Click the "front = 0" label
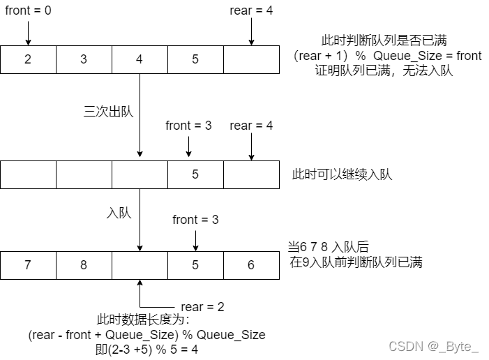(x=28, y=11)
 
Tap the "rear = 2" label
(x=202, y=307)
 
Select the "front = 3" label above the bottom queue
(x=195, y=220)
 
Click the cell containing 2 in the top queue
(x=28, y=59)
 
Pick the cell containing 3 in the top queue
(x=84, y=59)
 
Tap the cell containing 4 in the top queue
(x=140, y=59)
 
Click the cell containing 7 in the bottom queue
(x=28, y=265)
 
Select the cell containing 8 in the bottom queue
(x=84, y=265)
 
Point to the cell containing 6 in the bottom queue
(x=251, y=265)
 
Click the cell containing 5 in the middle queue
(x=195, y=174)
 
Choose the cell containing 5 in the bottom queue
(x=195, y=265)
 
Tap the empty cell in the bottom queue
(x=140, y=265)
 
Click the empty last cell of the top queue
(x=251, y=59)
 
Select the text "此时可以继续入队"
(x=342, y=174)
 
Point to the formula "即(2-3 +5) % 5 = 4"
(x=146, y=349)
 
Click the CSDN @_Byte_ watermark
(x=434, y=346)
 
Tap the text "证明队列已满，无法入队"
(x=384, y=70)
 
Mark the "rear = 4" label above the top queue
(x=251, y=11)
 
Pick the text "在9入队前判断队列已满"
(x=356, y=263)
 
